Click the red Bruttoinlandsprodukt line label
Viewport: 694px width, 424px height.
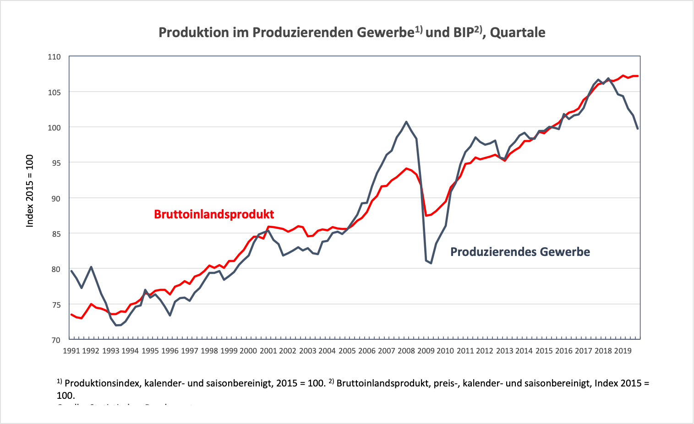214,214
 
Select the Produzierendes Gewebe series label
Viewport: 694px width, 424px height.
520,252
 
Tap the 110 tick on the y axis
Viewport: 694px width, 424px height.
54,57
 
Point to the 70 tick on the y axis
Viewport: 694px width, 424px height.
55,340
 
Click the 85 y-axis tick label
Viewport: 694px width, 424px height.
55,234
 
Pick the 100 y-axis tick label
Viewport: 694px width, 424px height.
54,127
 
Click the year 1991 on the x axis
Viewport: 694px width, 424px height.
71,351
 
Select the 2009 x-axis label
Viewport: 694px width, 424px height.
426,351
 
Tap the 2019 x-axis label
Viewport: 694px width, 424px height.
623,351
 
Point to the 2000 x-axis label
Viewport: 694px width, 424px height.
248,351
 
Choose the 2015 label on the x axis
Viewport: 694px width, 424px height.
544,351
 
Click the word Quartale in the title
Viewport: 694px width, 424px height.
518,33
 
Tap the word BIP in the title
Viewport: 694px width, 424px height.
463,33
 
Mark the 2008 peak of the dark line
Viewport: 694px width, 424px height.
406,122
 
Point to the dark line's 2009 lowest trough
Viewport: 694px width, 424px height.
431,263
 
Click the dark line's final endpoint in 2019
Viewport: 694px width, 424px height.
638,129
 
